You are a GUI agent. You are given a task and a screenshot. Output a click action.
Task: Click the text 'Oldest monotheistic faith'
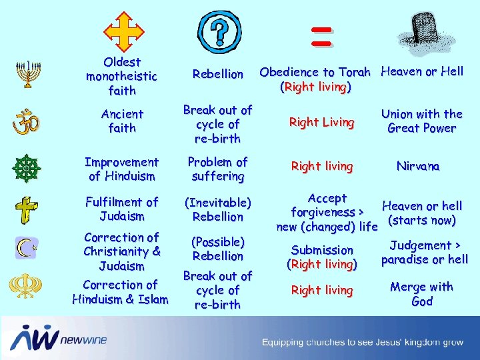(121, 76)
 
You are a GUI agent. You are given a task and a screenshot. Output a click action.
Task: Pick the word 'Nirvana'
(418, 166)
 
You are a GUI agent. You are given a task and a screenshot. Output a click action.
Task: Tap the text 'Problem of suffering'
(217, 169)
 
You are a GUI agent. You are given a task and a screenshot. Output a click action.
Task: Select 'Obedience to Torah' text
(315, 72)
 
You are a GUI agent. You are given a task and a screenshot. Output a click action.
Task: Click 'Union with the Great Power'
(421, 121)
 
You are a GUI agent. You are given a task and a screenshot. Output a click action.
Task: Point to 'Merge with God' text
(421, 294)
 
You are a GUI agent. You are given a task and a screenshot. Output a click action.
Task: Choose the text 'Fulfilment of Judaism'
(121, 209)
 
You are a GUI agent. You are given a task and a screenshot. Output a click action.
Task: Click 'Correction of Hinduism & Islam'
(121, 292)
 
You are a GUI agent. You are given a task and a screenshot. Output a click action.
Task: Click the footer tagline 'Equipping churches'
(362, 343)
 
